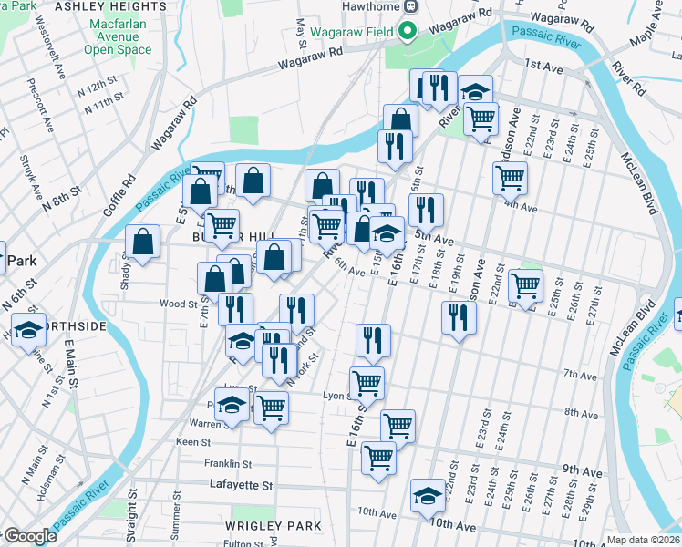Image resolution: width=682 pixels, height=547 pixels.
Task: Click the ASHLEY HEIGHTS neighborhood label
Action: click(x=123, y=6)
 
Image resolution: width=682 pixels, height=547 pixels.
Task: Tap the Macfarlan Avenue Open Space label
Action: click(x=123, y=36)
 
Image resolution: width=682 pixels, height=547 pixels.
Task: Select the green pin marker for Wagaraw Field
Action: click(x=408, y=32)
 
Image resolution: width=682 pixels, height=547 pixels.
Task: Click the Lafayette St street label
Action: click(x=242, y=486)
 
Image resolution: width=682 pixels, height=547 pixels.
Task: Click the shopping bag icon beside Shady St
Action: click(x=143, y=243)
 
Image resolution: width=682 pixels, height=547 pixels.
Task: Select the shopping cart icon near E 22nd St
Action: click(x=525, y=285)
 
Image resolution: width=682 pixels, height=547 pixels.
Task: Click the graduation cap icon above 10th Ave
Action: click(x=427, y=496)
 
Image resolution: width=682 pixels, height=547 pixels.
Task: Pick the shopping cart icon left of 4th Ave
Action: click(x=510, y=177)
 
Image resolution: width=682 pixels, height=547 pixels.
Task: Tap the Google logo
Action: click(x=29, y=536)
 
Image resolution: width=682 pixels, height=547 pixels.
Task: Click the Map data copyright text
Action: click(x=643, y=540)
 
